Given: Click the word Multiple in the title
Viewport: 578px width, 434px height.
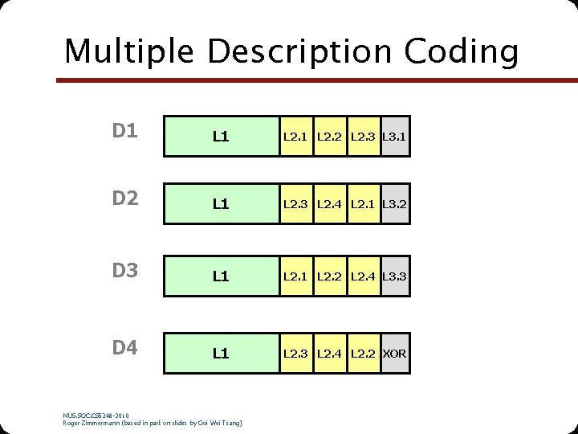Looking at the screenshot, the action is coord(128,51).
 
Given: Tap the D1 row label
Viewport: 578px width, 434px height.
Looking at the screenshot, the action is coord(125,131).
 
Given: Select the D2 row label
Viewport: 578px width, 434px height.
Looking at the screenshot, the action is coord(125,199).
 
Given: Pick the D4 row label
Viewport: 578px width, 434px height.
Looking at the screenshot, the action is coord(125,348).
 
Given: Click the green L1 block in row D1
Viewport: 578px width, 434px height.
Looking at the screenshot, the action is coord(221,137).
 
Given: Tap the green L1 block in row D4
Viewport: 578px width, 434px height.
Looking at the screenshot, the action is coord(221,353).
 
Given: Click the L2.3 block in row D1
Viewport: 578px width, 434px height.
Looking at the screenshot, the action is coord(364,137).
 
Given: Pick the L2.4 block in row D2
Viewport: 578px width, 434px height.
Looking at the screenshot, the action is coord(329,204).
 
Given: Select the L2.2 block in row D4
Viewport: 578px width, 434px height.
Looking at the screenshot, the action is coord(364,353).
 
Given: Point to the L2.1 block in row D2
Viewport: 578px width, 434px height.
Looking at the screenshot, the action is coord(364,204).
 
